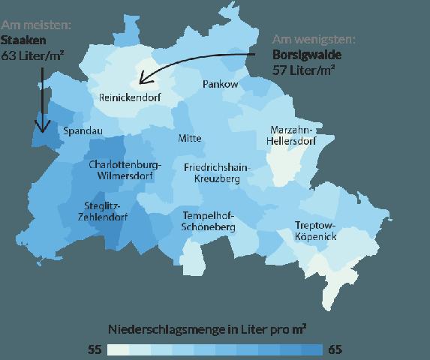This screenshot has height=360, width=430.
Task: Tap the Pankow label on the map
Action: (x=221, y=85)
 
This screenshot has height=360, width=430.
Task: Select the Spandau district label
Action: (x=83, y=131)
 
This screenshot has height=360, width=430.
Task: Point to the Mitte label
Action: (x=190, y=139)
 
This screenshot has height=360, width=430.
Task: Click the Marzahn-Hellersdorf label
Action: (x=291, y=135)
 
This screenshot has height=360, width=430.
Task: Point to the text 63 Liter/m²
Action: (x=31, y=56)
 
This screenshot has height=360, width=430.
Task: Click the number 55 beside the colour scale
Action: (x=95, y=349)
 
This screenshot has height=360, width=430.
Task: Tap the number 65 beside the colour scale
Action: (x=335, y=349)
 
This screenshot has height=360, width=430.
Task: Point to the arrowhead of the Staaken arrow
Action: (x=42, y=128)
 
